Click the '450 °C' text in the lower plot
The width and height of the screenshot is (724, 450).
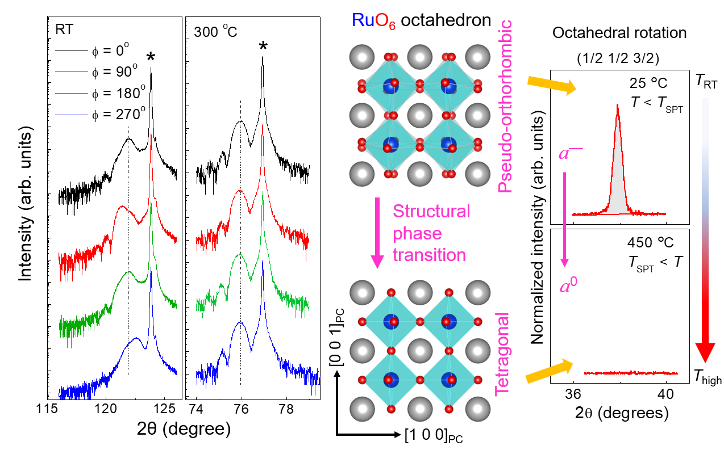650,242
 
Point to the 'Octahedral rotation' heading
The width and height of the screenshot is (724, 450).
619,33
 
